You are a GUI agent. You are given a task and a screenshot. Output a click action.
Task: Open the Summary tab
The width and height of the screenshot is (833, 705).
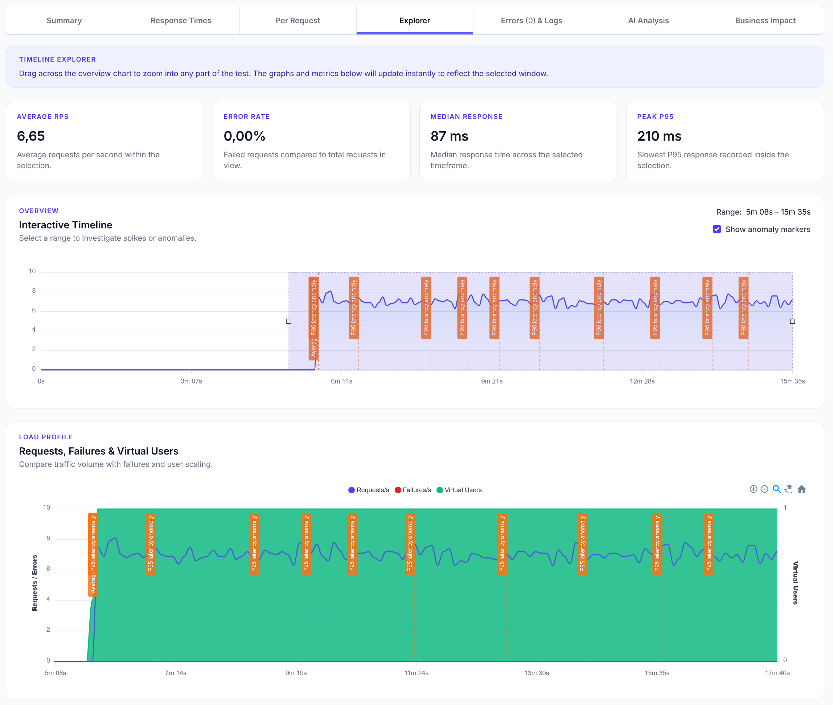click(x=64, y=20)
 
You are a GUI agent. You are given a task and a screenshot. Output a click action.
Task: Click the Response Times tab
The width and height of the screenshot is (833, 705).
click(x=181, y=20)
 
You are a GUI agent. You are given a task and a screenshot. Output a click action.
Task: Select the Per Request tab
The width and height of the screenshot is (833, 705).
click(x=297, y=20)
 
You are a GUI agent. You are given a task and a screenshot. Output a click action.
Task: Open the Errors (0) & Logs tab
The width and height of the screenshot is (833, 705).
click(x=531, y=20)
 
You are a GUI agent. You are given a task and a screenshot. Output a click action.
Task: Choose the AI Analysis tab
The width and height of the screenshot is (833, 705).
click(x=648, y=20)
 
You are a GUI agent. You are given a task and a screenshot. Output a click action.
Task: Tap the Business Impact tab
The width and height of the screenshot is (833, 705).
click(x=765, y=20)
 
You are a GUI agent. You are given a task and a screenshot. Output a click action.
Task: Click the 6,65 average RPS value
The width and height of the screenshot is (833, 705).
click(x=31, y=136)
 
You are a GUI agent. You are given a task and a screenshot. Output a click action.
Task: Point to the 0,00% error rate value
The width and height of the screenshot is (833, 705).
click(x=245, y=136)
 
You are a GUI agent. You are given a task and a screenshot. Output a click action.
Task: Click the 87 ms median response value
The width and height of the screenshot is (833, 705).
click(x=449, y=136)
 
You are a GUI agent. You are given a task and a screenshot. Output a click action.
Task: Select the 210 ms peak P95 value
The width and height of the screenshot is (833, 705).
click(x=659, y=136)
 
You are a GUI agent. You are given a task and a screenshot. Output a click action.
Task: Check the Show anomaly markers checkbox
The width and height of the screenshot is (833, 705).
click(x=717, y=229)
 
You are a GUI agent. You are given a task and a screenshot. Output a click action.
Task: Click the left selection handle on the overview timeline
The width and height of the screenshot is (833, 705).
click(x=288, y=321)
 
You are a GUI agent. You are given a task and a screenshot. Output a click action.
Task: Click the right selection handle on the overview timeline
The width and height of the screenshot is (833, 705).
click(x=792, y=321)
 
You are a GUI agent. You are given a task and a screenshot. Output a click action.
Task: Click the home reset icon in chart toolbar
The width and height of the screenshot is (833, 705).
click(x=801, y=489)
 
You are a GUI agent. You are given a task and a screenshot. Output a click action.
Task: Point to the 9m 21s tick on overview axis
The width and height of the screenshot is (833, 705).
click(x=492, y=381)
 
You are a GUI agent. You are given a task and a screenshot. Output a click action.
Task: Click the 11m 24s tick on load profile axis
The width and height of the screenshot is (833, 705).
click(x=416, y=673)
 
